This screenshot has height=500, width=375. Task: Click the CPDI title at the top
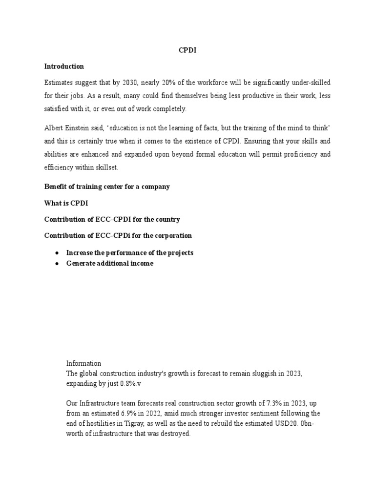coord(187,50)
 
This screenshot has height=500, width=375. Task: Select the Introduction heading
coord(64,66)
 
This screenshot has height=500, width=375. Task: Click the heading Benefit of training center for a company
coord(107,187)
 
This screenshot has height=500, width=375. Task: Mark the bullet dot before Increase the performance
coord(57,253)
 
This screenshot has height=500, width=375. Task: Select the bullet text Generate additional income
coord(109,263)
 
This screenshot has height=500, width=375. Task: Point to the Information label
coord(83,363)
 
